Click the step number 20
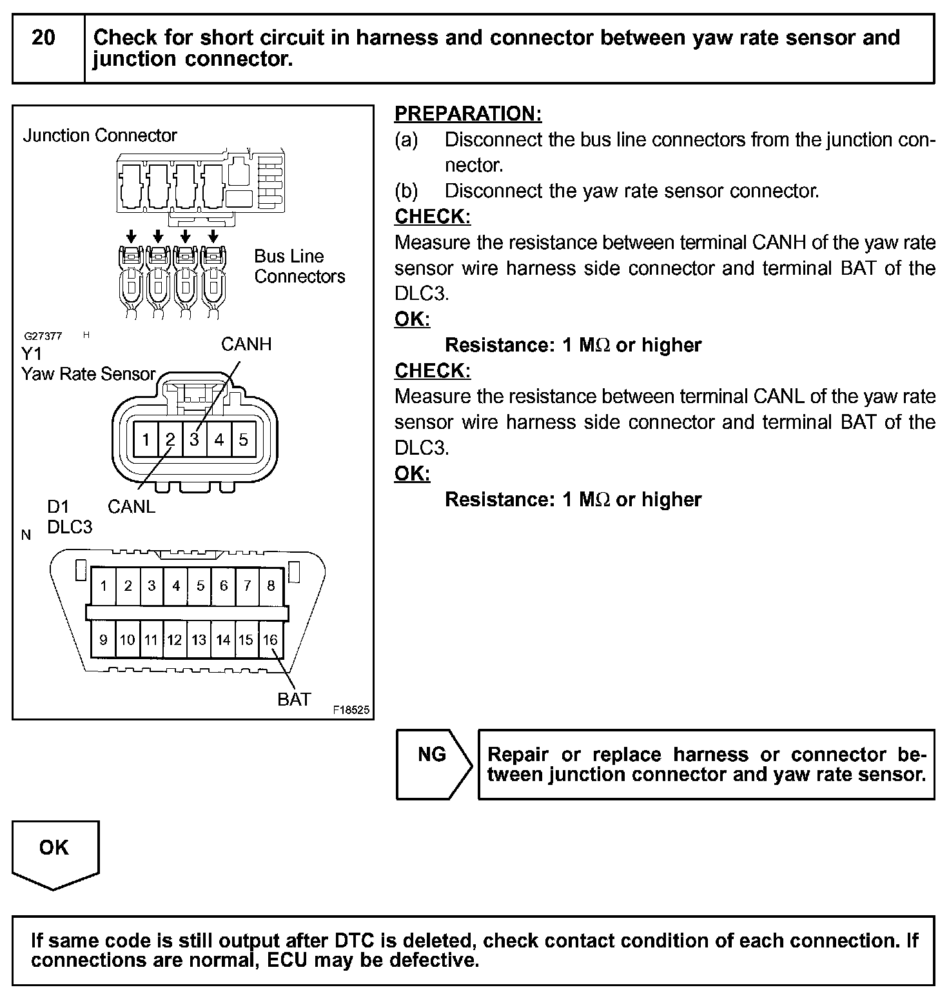click(x=43, y=38)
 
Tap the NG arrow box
click(x=433, y=764)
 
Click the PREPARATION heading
click(x=468, y=114)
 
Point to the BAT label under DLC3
click(x=294, y=699)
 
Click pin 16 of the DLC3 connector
click(x=270, y=640)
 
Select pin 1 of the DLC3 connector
click(x=103, y=586)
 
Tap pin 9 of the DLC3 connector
click(x=103, y=640)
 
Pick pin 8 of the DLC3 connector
click(x=271, y=586)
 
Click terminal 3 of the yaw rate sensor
click(x=195, y=440)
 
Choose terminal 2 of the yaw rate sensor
click(x=170, y=440)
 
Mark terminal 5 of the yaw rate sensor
click(x=243, y=440)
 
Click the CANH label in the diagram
click(x=246, y=344)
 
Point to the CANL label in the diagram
click(x=132, y=507)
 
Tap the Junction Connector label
click(x=100, y=135)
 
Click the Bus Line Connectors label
click(x=299, y=266)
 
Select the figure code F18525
click(x=351, y=710)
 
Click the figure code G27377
click(x=43, y=336)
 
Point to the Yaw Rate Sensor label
click(x=88, y=374)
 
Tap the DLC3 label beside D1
click(x=70, y=528)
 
